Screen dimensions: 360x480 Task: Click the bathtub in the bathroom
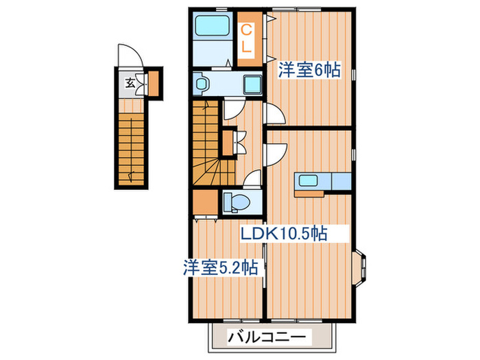[213, 27]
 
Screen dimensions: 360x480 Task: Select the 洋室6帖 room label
[309, 71]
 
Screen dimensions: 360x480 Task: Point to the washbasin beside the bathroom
[202, 84]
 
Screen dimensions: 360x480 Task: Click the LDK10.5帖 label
[282, 234]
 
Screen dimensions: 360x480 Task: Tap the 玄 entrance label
[130, 84]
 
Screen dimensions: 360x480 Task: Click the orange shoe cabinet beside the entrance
[153, 82]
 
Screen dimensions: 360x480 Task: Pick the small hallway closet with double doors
[229, 143]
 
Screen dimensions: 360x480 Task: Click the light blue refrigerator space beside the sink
[341, 182]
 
